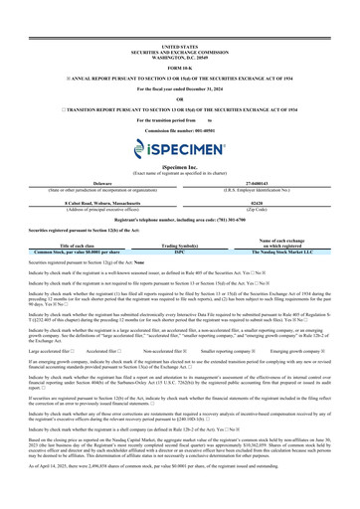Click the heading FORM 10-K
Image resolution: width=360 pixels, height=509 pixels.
click(x=179, y=39)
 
